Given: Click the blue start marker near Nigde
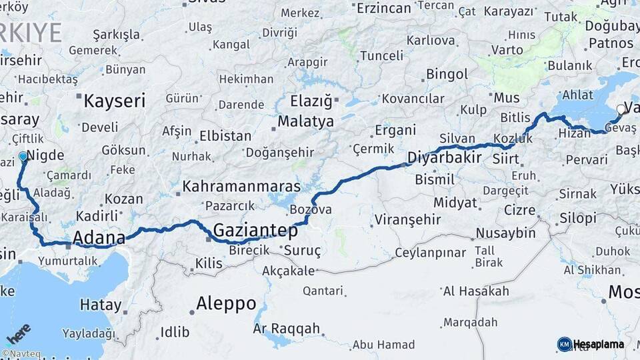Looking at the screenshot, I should click(23, 157).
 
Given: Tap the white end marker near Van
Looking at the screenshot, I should click(621, 109).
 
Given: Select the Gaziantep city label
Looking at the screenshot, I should click(255, 231).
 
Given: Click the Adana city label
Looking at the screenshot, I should click(99, 238).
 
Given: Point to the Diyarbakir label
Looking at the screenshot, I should click(444, 159).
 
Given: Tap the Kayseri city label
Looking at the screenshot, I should click(114, 101).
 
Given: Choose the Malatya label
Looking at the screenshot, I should click(305, 121).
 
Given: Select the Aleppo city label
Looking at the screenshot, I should click(226, 304).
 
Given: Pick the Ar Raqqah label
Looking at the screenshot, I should click(287, 329).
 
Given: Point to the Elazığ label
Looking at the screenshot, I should click(311, 101).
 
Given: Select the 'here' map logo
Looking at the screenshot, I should click(18, 333).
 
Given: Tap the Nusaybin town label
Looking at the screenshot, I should click(505, 233).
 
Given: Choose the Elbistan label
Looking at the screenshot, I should click(227, 136).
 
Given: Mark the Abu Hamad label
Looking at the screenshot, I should click(383, 345).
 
